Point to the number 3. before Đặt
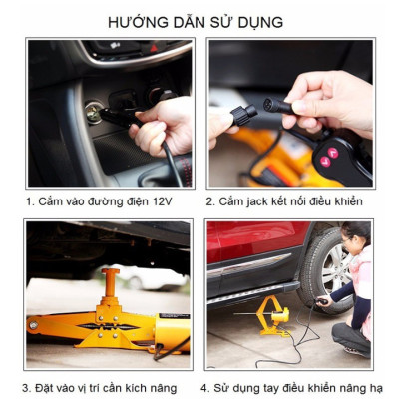27,387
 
